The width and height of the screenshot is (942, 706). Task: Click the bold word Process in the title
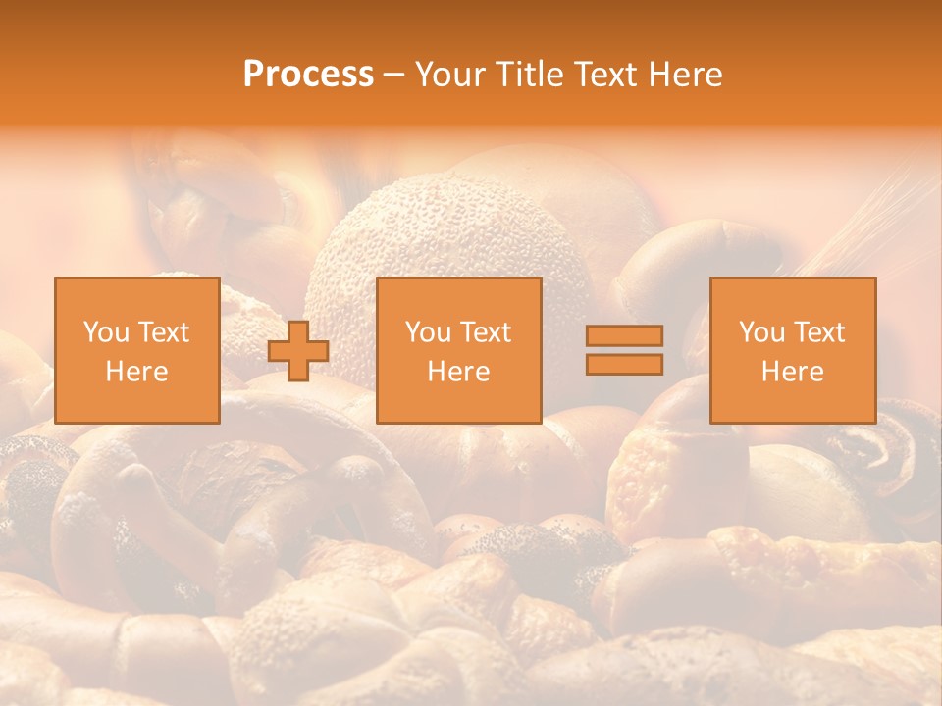pyautogui.click(x=308, y=75)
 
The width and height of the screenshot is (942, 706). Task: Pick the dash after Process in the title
pyautogui.click(x=394, y=75)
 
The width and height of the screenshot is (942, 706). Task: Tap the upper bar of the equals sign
pyautogui.click(x=624, y=336)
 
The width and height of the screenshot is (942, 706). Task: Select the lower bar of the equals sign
pyautogui.click(x=624, y=364)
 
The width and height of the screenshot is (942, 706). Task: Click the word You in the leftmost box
pyautogui.click(x=107, y=332)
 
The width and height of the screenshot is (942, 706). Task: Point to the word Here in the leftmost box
pyautogui.click(x=136, y=372)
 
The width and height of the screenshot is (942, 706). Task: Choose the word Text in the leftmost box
pyautogui.click(x=163, y=332)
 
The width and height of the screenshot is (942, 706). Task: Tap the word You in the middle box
pyautogui.click(x=429, y=332)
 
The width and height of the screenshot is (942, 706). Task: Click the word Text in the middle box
pyautogui.click(x=485, y=332)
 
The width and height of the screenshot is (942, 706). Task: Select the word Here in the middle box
pyautogui.click(x=458, y=372)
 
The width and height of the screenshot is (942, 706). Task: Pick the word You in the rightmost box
pyautogui.click(x=762, y=332)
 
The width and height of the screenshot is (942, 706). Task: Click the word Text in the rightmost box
pyautogui.click(x=818, y=332)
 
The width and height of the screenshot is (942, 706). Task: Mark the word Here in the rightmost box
pyautogui.click(x=792, y=372)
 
